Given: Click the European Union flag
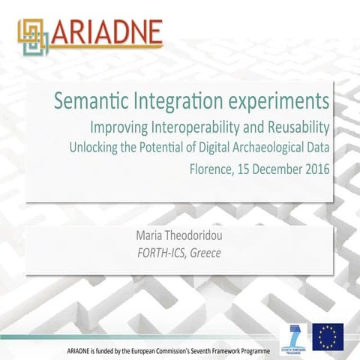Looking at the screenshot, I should tap(328, 335).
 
